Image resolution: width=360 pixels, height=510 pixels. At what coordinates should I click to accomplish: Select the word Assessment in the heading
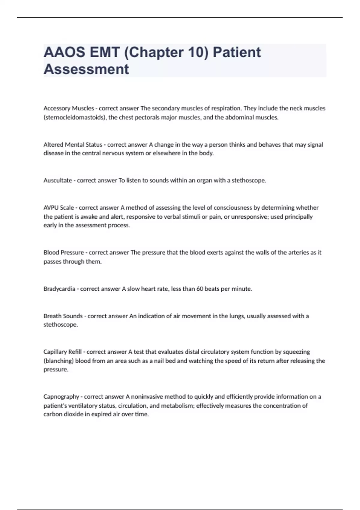click(x=86, y=69)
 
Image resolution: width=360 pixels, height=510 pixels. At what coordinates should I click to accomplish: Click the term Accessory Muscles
click(x=69, y=108)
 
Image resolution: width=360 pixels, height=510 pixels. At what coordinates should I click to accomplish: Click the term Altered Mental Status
click(x=73, y=145)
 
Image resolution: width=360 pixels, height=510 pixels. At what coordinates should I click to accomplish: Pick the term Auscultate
click(x=58, y=180)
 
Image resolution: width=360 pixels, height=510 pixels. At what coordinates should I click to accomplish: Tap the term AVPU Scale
click(x=59, y=208)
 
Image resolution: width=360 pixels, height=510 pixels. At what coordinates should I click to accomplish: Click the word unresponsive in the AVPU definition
click(x=246, y=217)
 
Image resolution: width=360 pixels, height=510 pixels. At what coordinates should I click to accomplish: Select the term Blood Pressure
click(x=64, y=253)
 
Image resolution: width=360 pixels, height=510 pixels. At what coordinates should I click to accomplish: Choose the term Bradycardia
click(x=59, y=289)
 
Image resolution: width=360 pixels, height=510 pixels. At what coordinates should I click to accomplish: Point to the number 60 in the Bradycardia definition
click(x=200, y=289)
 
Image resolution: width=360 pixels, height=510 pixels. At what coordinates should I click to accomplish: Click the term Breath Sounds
click(x=63, y=316)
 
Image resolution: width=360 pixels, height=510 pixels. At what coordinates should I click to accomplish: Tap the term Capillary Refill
click(x=62, y=352)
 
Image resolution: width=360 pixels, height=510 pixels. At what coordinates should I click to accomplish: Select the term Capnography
click(x=61, y=397)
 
